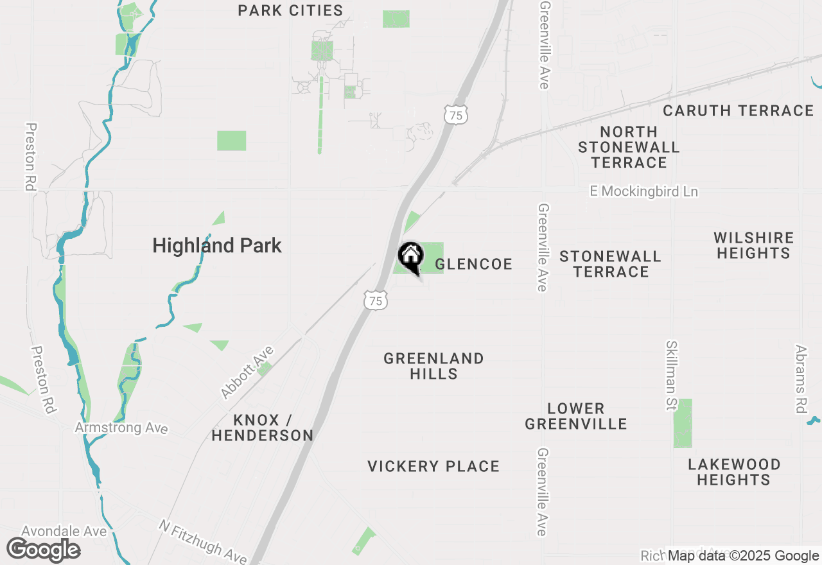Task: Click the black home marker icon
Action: click(410, 257)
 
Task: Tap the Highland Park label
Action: click(217, 245)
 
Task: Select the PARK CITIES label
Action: click(290, 11)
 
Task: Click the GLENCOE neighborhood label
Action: click(474, 264)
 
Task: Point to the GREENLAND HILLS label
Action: click(433, 366)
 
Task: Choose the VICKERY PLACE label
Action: click(433, 466)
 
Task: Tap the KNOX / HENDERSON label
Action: click(262, 428)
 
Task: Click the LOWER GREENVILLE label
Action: click(575, 416)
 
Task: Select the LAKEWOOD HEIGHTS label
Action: click(734, 472)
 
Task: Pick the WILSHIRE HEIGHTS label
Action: click(753, 245)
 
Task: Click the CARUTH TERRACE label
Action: click(738, 111)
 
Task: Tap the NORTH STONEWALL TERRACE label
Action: click(629, 147)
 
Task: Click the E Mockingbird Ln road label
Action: click(644, 192)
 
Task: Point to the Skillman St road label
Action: click(672, 376)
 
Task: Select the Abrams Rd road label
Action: click(800, 379)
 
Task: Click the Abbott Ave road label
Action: click(247, 372)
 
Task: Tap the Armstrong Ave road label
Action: click(121, 428)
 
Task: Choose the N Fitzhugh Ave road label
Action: click(202, 542)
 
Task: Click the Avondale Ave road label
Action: click(64, 531)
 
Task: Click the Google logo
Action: click(43, 550)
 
